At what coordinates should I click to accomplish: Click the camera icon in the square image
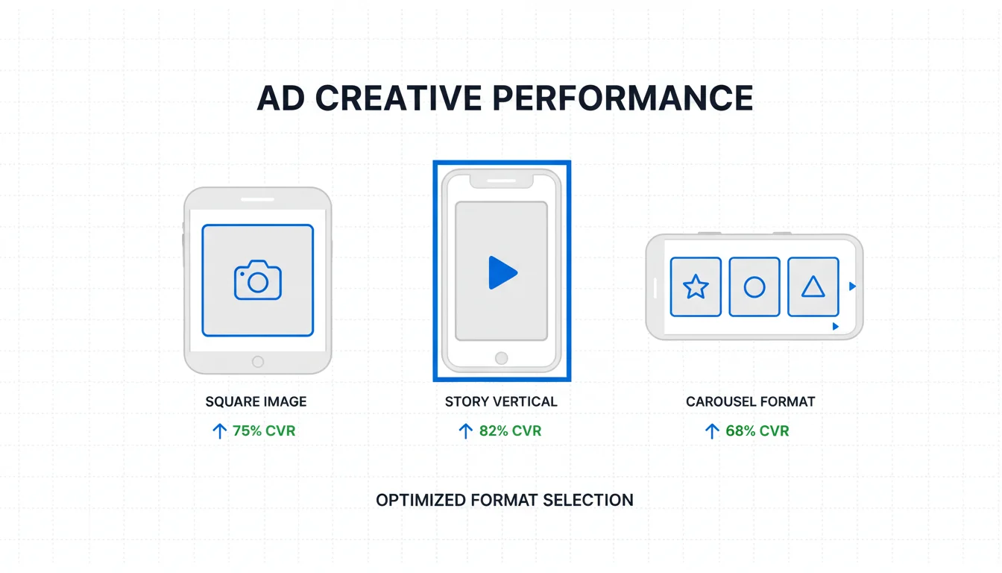tap(258, 280)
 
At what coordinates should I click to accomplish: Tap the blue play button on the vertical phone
tap(502, 272)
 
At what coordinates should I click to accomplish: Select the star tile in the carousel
tap(696, 287)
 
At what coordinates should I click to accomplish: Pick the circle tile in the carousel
tap(754, 287)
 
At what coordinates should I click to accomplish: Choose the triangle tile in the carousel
tap(813, 287)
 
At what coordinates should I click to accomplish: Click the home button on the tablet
tap(258, 362)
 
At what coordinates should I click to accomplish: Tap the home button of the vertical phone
tap(502, 358)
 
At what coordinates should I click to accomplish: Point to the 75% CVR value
tap(264, 430)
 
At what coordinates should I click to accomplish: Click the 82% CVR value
tap(510, 430)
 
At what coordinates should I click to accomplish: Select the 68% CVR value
tap(757, 430)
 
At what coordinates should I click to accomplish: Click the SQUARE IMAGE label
tap(256, 401)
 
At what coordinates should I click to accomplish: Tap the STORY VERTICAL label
tap(501, 401)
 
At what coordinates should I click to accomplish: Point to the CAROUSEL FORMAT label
tap(750, 401)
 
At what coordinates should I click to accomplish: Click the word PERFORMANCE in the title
tap(623, 98)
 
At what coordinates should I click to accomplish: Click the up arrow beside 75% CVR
tap(219, 431)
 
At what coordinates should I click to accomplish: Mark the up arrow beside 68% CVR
tap(712, 431)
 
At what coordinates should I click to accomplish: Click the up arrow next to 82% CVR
tap(466, 431)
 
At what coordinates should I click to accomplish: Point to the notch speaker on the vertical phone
tap(502, 181)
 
